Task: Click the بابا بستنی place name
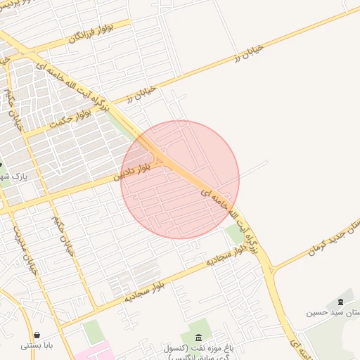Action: tap(37, 345)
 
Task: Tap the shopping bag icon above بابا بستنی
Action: tap(37, 334)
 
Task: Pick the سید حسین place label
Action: tap(330, 311)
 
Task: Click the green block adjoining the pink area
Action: tap(93, 331)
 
